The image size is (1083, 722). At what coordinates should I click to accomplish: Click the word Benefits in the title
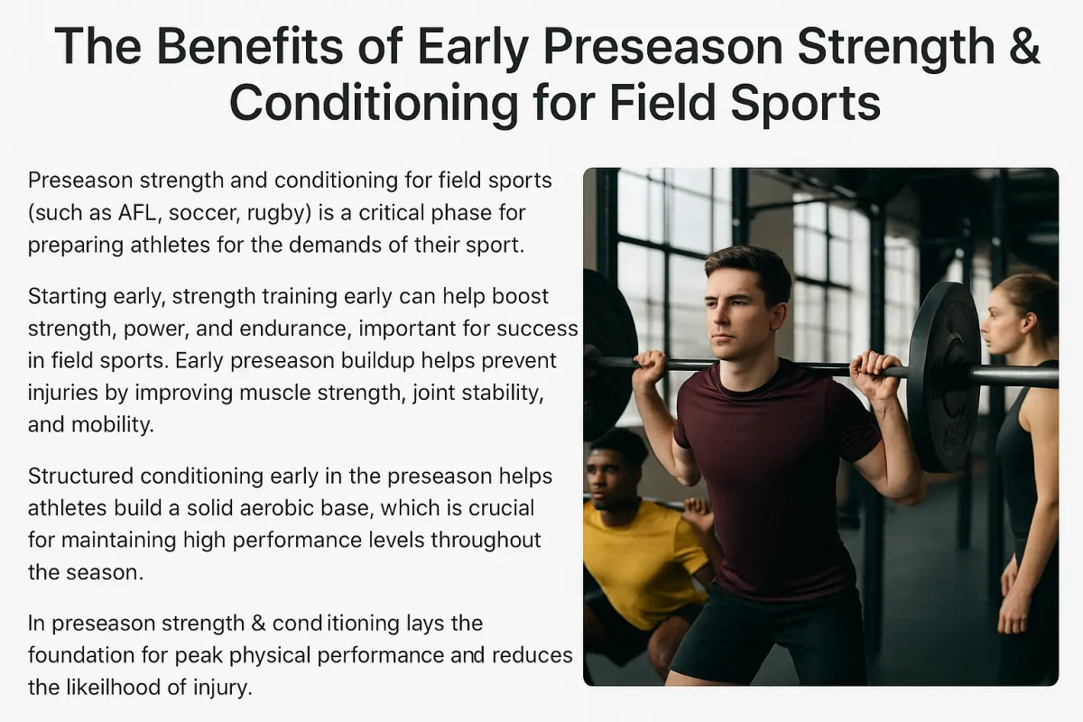pyautogui.click(x=251, y=46)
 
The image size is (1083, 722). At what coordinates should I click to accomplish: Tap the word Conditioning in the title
pyautogui.click(x=374, y=104)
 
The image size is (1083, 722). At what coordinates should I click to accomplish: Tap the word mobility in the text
pyautogui.click(x=113, y=425)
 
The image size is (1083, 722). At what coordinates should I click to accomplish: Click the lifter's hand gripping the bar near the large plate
pyautogui.click(x=875, y=375)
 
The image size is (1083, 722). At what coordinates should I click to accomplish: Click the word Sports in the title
pyautogui.click(x=805, y=104)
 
